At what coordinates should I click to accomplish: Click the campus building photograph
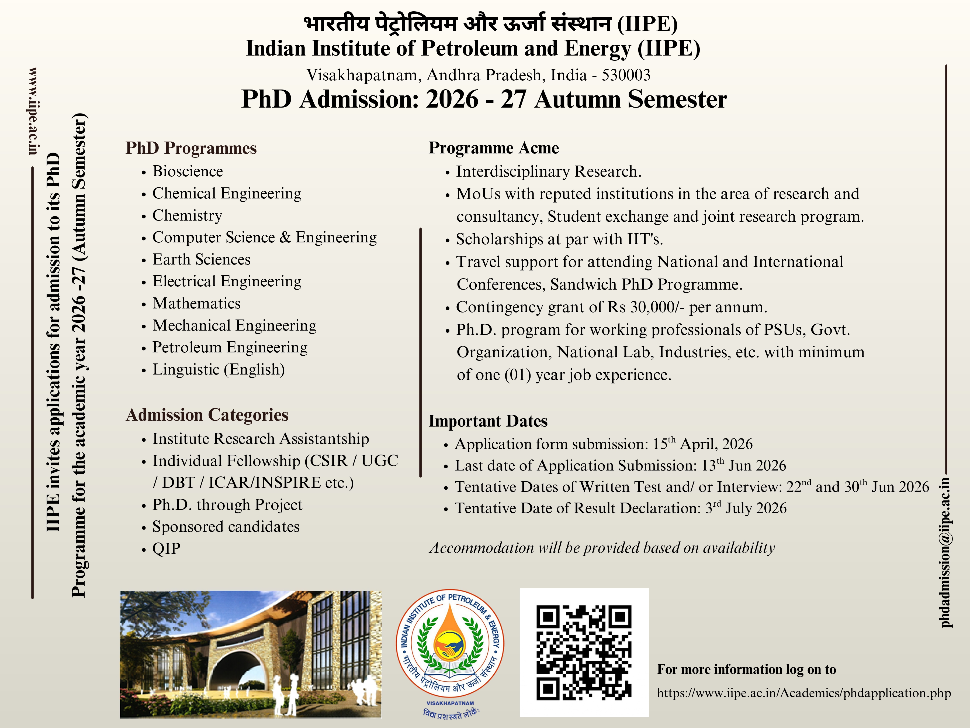(250, 654)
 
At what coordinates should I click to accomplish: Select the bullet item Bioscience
(188, 171)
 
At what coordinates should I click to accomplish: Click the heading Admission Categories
(207, 415)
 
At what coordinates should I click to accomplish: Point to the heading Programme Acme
(494, 148)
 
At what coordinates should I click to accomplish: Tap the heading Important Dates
(488, 421)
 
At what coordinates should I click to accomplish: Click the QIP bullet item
(166, 548)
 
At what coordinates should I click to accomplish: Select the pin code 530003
(626, 75)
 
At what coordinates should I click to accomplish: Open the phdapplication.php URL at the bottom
(804, 693)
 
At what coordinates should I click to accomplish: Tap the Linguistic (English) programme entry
(218, 369)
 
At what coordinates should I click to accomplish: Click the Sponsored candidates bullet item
(226, 527)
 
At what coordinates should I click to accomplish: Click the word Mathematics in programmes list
(196, 303)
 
